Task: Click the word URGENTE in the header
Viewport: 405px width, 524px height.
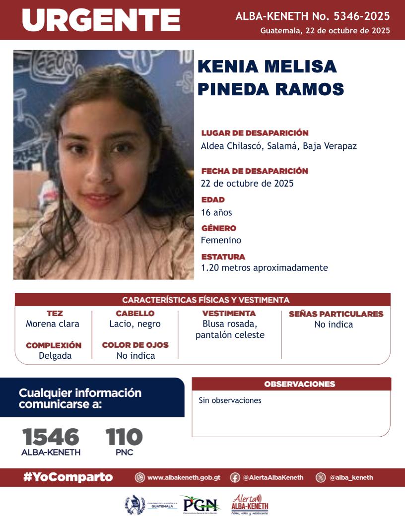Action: [101, 20]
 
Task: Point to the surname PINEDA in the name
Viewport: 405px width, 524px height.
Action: [235, 89]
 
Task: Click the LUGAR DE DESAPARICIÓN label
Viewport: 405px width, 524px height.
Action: [255, 133]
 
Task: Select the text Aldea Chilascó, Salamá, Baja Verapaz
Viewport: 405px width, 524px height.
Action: [278, 146]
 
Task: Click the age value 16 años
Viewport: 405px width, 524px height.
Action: [216, 212]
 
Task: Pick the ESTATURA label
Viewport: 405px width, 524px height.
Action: [223, 257]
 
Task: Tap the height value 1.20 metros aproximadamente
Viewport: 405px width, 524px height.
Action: [264, 267]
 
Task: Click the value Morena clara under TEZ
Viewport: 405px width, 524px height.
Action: [53, 324]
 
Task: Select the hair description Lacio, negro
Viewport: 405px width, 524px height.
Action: [135, 324]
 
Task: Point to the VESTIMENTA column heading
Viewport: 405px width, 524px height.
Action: [229, 314]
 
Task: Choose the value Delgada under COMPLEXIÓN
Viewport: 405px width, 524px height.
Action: [55, 355]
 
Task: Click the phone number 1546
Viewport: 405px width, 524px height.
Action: [51, 437]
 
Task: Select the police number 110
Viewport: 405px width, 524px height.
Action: [124, 437]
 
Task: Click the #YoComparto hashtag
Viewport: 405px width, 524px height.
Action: [68, 477]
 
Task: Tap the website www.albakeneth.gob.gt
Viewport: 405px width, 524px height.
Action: [184, 477]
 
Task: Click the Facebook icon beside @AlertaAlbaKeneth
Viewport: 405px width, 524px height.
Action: [235, 477]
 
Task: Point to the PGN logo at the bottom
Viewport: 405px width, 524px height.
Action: [201, 505]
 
